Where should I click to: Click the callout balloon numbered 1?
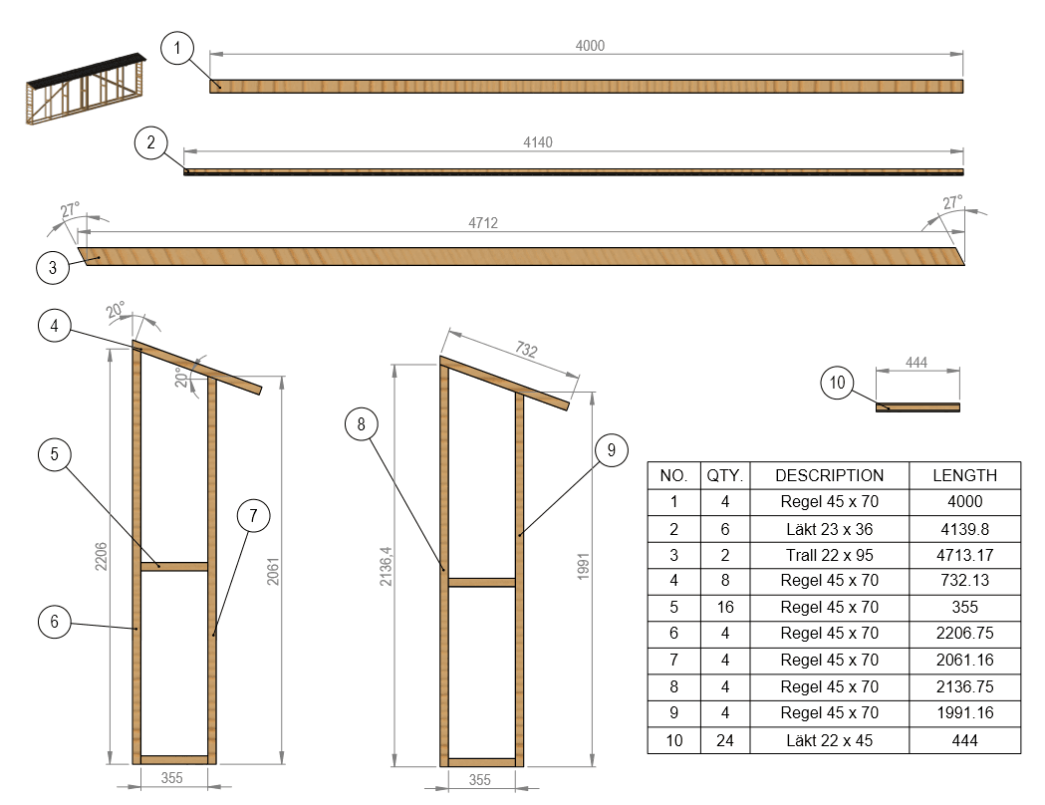[177, 48]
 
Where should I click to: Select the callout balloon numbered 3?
[53, 268]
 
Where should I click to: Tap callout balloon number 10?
[837, 383]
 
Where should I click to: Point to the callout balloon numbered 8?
[362, 424]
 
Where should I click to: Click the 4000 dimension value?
[590, 46]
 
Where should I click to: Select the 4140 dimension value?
[538, 142]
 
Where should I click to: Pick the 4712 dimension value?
[483, 223]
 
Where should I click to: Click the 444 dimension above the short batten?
[916, 363]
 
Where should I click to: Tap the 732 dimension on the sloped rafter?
[526, 349]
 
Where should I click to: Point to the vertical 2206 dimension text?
[101, 557]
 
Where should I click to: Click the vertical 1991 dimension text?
[583, 567]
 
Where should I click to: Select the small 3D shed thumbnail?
[86, 89]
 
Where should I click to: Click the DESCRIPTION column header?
[829, 476]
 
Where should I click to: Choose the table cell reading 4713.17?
[964, 555]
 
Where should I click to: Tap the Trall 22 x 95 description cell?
[829, 555]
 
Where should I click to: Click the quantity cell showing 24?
[725, 740]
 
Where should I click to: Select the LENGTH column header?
[964, 476]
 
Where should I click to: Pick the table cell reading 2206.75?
[964, 633]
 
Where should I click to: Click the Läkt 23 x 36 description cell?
[829, 529]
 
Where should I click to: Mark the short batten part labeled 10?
[917, 407]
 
